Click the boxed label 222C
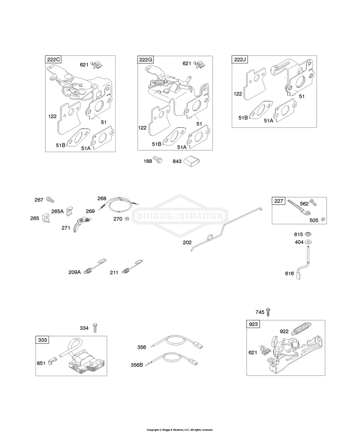pos(53,59)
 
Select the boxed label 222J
pos(240,59)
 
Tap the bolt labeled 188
pos(157,159)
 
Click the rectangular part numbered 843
pos(192,161)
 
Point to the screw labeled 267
pos(50,199)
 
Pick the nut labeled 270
pos(127,219)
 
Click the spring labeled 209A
pos(95,266)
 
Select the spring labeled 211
pos(133,266)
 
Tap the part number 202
pos(187,243)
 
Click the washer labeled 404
pos(309,242)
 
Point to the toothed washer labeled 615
pos(308,234)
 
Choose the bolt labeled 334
pos(95,328)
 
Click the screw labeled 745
pos(269,312)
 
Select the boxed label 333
pos(42,340)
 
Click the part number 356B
pos(137,365)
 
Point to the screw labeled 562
pos(313,202)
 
